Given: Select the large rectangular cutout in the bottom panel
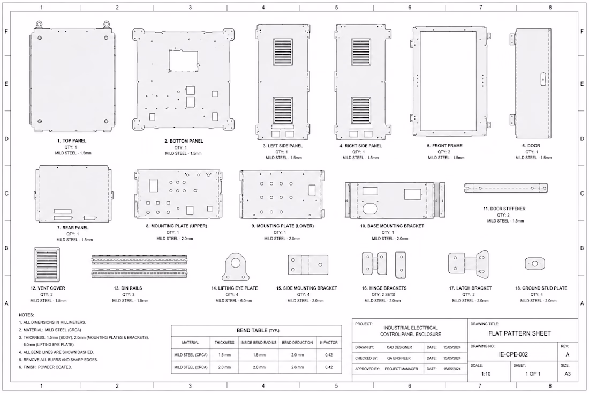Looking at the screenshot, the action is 183,60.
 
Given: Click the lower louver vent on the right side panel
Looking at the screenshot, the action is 361,110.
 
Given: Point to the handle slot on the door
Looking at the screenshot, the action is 542,80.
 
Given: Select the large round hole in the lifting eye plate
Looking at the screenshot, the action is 236,263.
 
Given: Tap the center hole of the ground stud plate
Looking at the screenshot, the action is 534,264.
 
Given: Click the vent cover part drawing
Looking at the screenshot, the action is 47,264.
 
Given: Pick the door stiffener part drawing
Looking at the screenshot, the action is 506,188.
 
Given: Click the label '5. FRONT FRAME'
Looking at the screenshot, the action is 444,146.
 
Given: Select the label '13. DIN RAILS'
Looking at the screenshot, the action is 128,288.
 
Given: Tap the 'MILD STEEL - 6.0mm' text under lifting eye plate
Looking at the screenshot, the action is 233,301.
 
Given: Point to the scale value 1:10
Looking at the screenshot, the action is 486,374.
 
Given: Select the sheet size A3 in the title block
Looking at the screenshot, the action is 567,374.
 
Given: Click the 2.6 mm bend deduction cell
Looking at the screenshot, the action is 298,367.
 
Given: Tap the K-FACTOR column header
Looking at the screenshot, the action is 329,343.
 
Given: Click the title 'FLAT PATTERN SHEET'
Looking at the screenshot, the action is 519,333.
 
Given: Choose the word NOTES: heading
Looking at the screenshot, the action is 26,315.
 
